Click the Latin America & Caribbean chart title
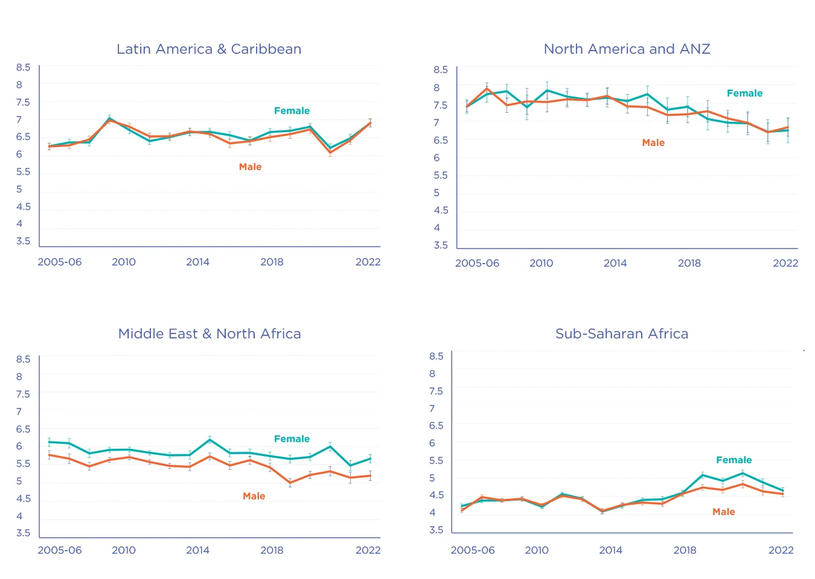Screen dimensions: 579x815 tap(209, 49)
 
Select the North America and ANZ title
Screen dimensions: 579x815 tap(627, 49)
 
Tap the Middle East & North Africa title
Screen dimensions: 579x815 tap(209, 334)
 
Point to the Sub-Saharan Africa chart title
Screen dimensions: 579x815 tap(622, 334)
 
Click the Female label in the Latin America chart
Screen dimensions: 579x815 tap(292, 111)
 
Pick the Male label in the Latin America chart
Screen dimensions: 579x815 tap(250, 167)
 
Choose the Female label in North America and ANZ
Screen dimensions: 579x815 tap(744, 93)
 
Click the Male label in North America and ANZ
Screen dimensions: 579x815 tap(653, 143)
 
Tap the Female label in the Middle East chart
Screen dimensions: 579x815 tap(292, 439)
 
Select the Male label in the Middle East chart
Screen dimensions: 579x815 tap(254, 496)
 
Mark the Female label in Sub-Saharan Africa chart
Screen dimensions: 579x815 tap(733, 460)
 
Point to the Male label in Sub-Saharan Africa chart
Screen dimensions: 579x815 tap(723, 512)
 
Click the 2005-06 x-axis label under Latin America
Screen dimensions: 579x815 tap(60, 262)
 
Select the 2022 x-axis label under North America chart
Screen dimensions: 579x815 tap(785, 263)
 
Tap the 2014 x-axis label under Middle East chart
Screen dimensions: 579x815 tap(197, 550)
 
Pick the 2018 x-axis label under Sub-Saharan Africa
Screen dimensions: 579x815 tap(685, 550)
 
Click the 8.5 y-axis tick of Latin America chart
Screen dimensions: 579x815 tap(23, 68)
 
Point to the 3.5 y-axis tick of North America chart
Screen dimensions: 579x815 tap(441, 245)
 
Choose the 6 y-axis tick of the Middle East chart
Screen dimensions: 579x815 tap(19, 446)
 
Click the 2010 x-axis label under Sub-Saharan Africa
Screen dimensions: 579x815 tap(537, 550)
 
